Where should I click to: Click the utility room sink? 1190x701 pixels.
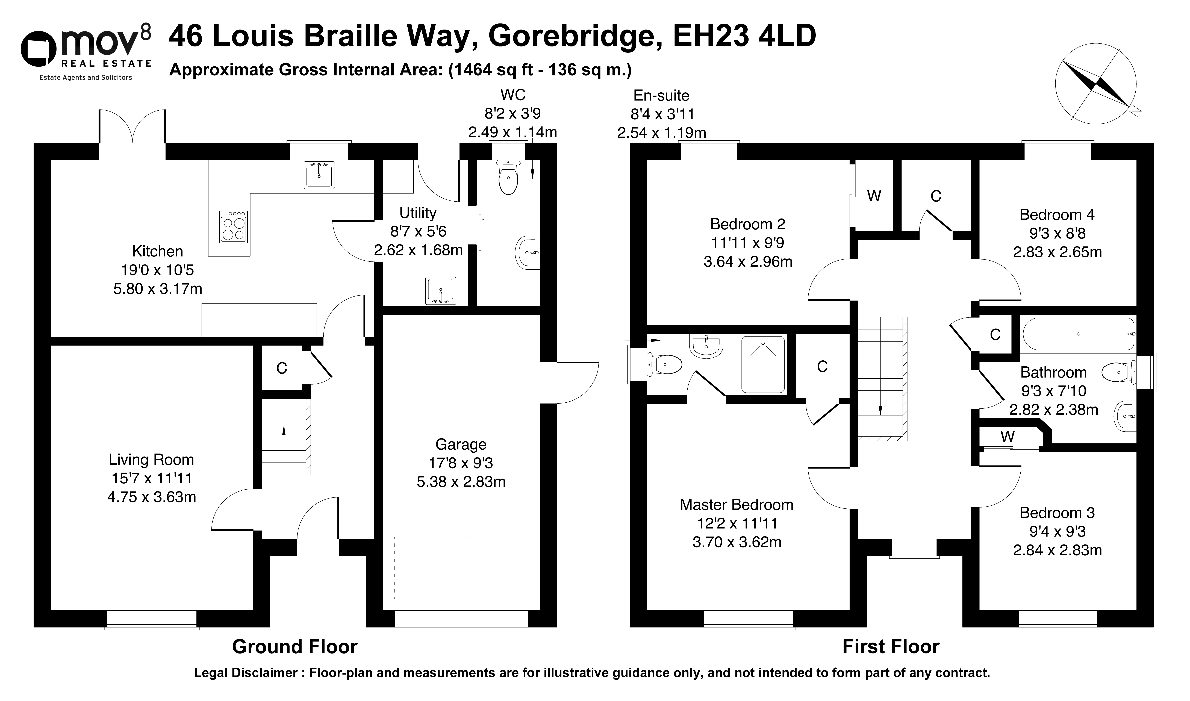(441, 291)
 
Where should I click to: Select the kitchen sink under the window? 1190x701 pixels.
(319, 175)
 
